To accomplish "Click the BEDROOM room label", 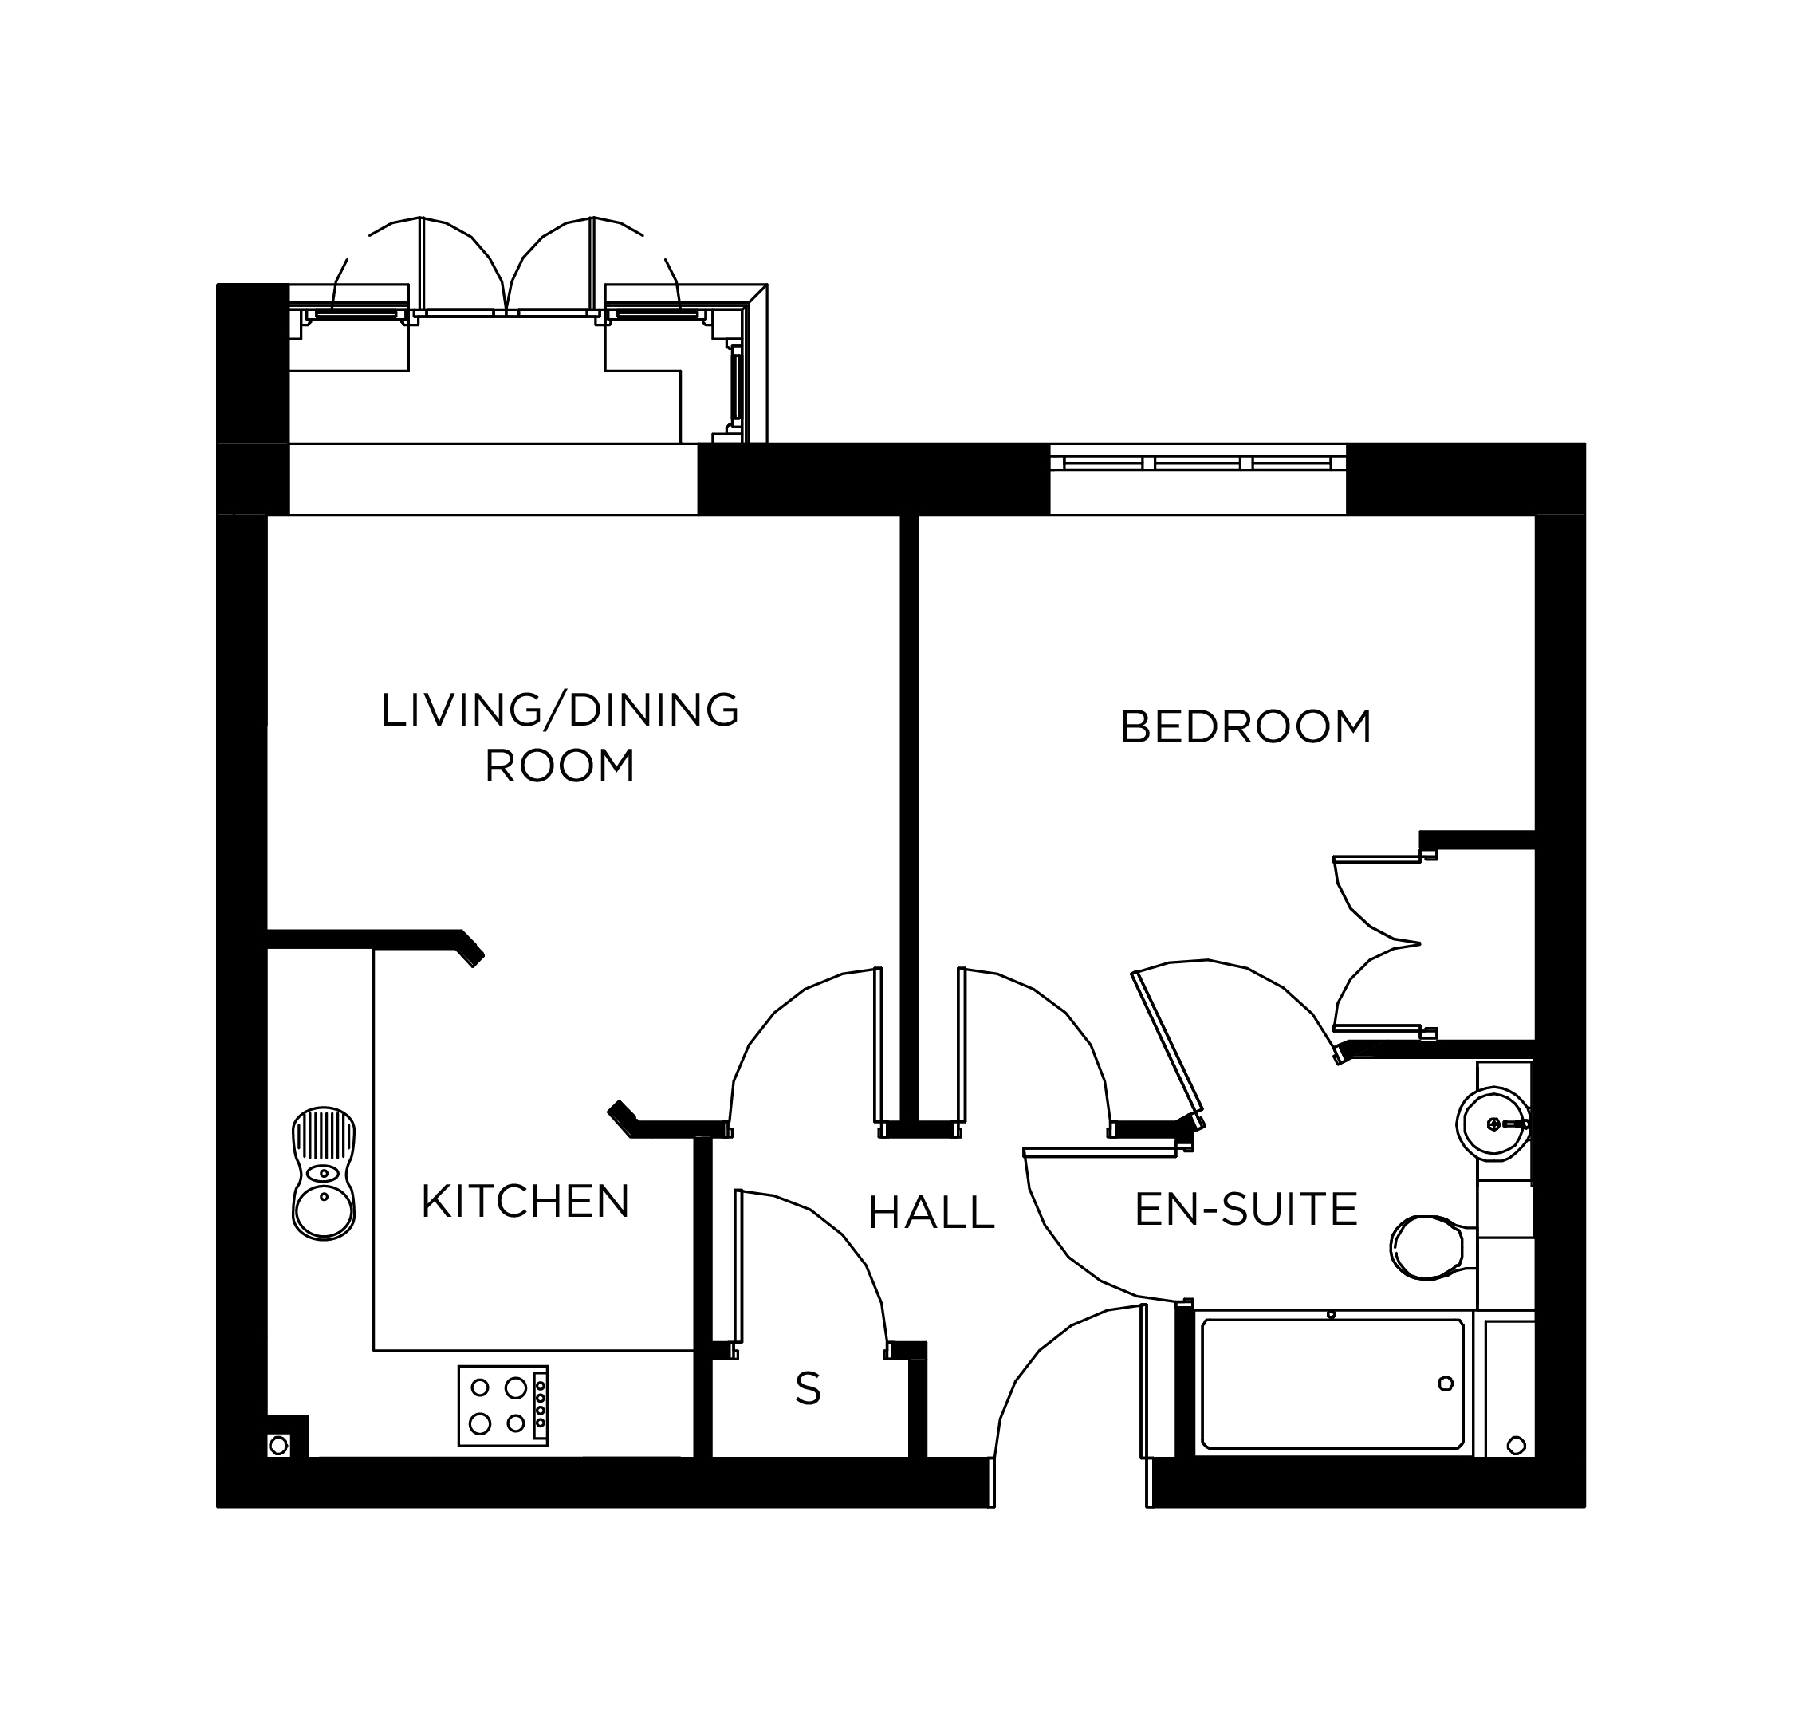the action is (1245, 727).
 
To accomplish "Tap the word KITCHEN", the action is (525, 1201).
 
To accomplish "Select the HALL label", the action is (931, 1213).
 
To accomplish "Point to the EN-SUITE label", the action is (1246, 1210).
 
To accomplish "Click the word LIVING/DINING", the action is (560, 710).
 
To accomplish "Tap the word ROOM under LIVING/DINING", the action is (560, 766).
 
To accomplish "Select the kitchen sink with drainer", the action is (324, 1174).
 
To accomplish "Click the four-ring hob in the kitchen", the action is (502, 1405).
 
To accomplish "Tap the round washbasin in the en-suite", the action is (1493, 1123).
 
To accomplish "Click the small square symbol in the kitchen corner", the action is (278, 1446).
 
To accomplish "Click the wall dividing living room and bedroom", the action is (909, 818).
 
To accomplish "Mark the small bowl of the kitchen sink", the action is (324, 1174).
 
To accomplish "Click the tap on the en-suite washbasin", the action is (1507, 1124).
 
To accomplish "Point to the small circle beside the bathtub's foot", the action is (1517, 1446).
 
